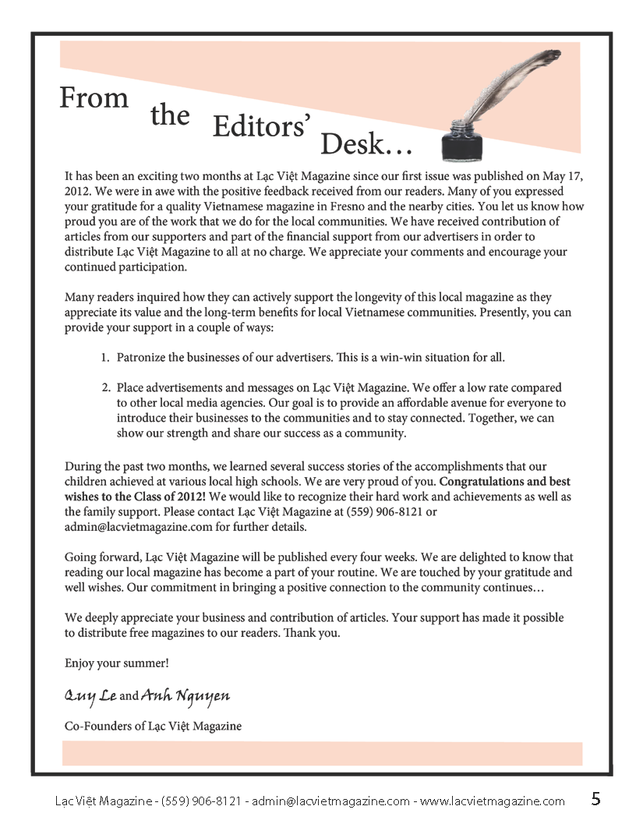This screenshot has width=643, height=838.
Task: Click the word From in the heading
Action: click(94, 98)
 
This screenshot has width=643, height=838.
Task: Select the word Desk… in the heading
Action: click(366, 144)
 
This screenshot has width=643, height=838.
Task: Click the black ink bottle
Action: click(460, 139)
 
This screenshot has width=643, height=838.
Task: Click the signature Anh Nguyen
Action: click(185, 695)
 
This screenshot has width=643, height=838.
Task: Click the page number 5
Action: click(596, 799)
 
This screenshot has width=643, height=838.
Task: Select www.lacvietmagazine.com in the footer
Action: click(493, 801)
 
